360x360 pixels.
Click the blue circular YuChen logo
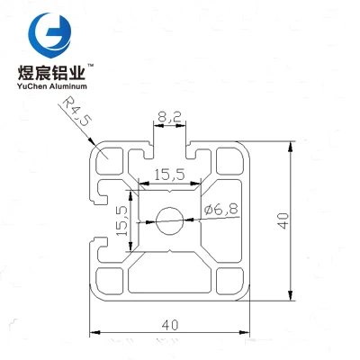pos(49,35)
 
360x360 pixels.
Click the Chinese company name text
pos(52,72)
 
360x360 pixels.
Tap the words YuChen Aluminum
pos(52,86)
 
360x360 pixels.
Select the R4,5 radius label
pos(76,111)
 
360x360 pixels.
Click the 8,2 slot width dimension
pos(169,116)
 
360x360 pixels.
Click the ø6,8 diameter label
pos(220,209)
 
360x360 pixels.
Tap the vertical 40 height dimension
pos(283,221)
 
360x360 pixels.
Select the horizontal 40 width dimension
pos(170,325)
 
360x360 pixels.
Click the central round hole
pos(169,220)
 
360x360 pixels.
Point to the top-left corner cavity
pos(110,161)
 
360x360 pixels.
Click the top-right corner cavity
pos(229,161)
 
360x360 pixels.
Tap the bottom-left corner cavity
pos(110,281)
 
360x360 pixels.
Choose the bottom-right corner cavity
pos(229,281)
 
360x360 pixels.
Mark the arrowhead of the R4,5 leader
pos(91,140)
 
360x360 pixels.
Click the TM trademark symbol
pos(90,65)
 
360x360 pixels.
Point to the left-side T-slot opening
pos(98,220)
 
